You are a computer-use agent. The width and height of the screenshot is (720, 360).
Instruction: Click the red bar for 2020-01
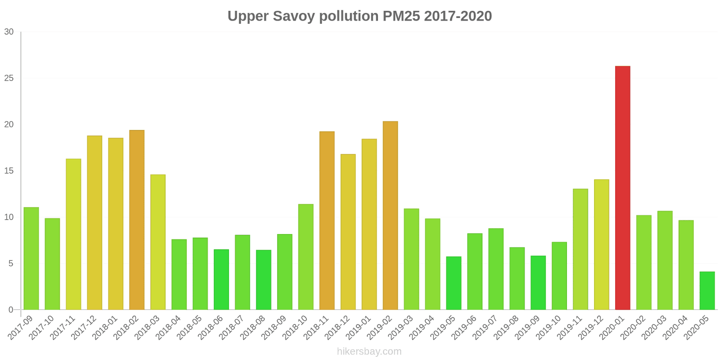[622, 188]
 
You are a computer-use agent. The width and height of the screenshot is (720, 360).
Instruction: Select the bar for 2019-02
[390, 216]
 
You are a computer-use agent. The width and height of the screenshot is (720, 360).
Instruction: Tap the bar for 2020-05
[707, 291]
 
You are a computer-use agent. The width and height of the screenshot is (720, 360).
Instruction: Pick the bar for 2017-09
[31, 258]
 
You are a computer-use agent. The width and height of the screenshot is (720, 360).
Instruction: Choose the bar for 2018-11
[327, 220]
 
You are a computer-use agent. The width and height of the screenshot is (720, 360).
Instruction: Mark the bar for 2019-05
[454, 283]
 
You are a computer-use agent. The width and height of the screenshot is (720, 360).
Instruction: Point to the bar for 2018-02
[137, 220]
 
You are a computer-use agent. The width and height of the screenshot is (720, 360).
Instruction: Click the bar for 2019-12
[601, 244]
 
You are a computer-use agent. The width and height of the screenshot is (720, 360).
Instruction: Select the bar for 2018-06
[221, 279]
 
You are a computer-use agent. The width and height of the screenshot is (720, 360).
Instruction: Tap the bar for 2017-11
[73, 234]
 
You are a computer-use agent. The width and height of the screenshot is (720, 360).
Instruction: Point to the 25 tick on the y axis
[9, 78]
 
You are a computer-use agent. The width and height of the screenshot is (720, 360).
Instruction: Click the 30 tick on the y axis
[9, 32]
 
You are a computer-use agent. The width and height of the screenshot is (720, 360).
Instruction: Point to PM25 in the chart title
[401, 16]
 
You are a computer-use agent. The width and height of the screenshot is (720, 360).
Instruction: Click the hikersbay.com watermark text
[369, 351]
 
